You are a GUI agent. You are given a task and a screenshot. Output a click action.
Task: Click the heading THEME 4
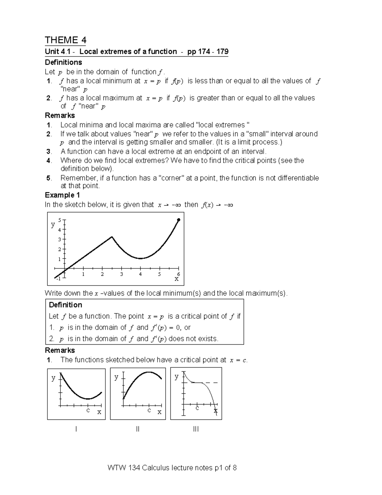point(65,40)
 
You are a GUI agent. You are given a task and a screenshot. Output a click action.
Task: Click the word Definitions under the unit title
point(63,62)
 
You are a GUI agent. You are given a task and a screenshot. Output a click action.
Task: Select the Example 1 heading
point(62,195)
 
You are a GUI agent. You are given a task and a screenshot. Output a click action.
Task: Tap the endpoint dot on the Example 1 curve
point(179,220)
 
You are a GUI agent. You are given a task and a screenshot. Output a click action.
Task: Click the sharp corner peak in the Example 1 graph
point(112,237)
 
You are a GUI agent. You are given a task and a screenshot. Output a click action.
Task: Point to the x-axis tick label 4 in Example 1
point(140,274)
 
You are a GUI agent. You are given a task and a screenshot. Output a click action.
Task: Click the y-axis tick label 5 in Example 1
point(59,220)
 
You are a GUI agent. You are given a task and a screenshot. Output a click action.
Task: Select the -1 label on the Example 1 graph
point(58,279)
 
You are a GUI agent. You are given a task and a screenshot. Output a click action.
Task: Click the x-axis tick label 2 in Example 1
point(102,274)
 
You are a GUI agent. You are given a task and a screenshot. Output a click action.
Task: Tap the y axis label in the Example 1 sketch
point(53,224)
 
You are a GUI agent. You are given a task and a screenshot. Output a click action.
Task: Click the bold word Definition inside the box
point(65,305)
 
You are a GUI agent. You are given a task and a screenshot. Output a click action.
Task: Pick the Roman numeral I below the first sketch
point(76,429)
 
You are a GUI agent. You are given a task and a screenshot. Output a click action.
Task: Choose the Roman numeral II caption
point(138,429)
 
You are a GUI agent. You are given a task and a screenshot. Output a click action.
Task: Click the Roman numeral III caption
point(196,429)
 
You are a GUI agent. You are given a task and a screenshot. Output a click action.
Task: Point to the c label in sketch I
point(88,410)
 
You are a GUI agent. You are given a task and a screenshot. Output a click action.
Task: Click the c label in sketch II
point(149,410)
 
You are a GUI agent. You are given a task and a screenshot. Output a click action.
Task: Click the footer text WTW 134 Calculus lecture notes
point(172,468)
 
